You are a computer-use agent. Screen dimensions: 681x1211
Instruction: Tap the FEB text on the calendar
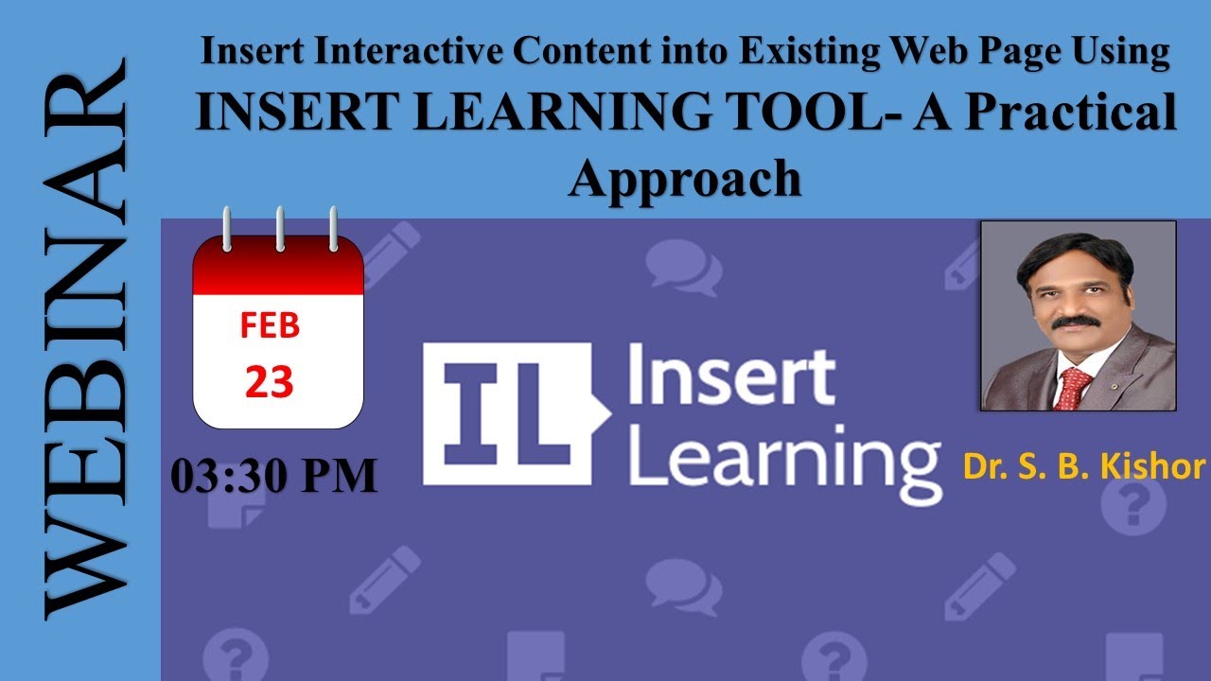[270, 325]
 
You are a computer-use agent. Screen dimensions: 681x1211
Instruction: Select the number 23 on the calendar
[270, 381]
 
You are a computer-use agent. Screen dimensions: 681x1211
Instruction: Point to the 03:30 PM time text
[274, 476]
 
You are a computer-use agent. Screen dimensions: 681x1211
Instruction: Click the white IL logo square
[506, 414]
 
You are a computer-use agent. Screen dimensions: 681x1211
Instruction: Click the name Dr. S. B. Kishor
[1084, 466]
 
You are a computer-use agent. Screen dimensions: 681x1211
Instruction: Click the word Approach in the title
[684, 177]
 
